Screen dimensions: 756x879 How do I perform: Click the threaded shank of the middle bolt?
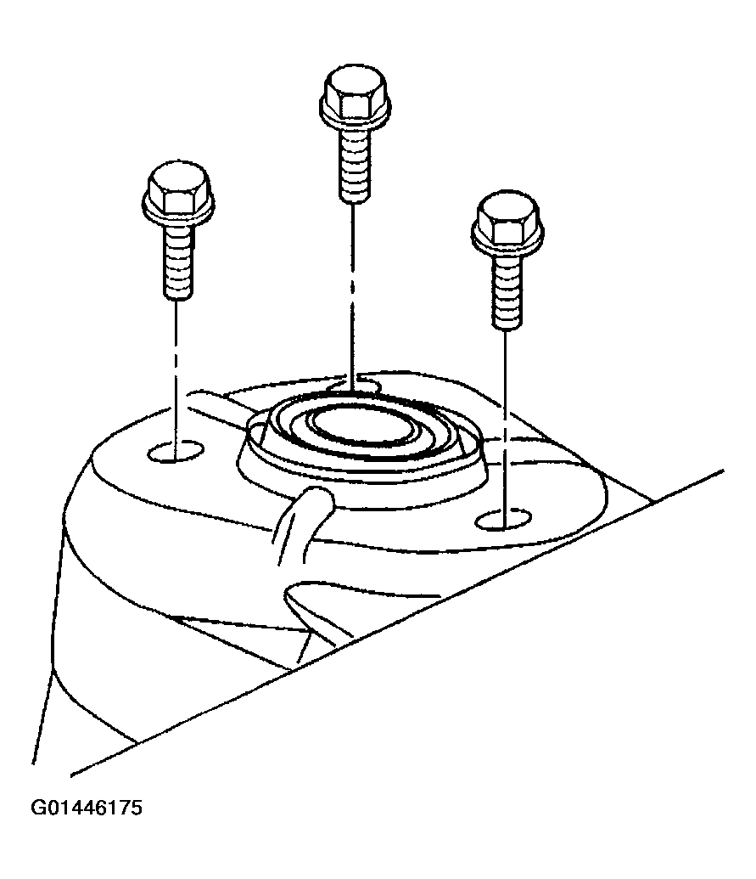pos(355,163)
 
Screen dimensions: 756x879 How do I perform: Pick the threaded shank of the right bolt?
pos(508,290)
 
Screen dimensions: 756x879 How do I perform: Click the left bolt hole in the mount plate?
pos(176,451)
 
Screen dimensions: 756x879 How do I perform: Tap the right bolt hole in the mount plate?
pos(503,520)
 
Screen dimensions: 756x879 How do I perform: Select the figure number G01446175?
pos(87,808)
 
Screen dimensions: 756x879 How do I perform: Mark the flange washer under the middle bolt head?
pos(355,114)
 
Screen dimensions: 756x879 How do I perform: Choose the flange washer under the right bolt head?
pos(508,239)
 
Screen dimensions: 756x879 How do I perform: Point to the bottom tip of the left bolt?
pos(179,298)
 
